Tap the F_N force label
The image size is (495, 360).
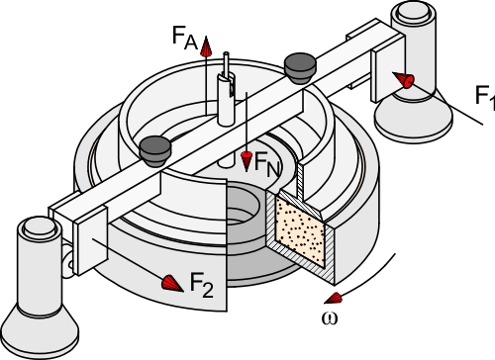(x=267, y=161)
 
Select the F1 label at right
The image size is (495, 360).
(x=485, y=96)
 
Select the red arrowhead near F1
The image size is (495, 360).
(x=405, y=79)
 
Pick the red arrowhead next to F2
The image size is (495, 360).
(x=173, y=283)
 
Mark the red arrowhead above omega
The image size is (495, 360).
(x=335, y=297)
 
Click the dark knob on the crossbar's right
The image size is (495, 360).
(x=298, y=67)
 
